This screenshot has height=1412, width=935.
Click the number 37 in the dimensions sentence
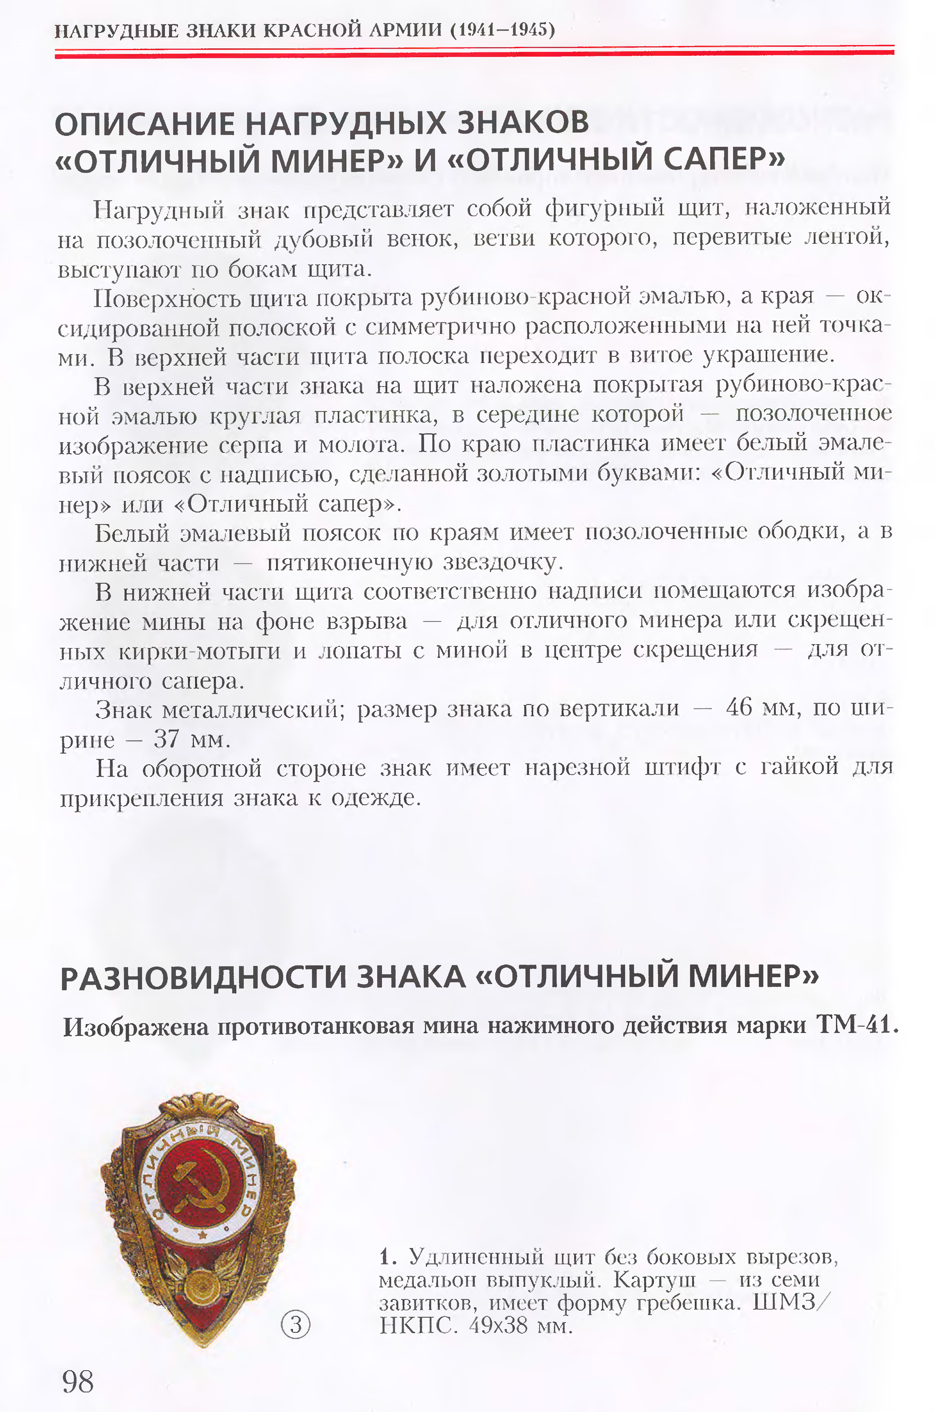point(166,739)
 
